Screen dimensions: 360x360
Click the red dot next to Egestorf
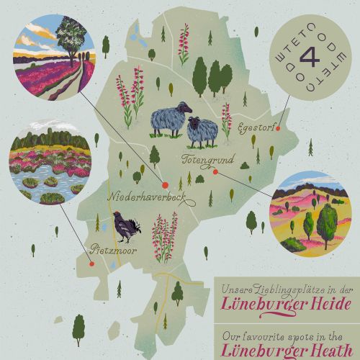(278, 130)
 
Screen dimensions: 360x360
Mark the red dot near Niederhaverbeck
(165, 185)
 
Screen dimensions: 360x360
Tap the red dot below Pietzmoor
(112, 265)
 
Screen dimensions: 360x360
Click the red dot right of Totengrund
(215, 171)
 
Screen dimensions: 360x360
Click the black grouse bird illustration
(127, 225)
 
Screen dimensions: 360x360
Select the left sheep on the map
(170, 120)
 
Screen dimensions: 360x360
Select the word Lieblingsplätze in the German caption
(282, 289)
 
